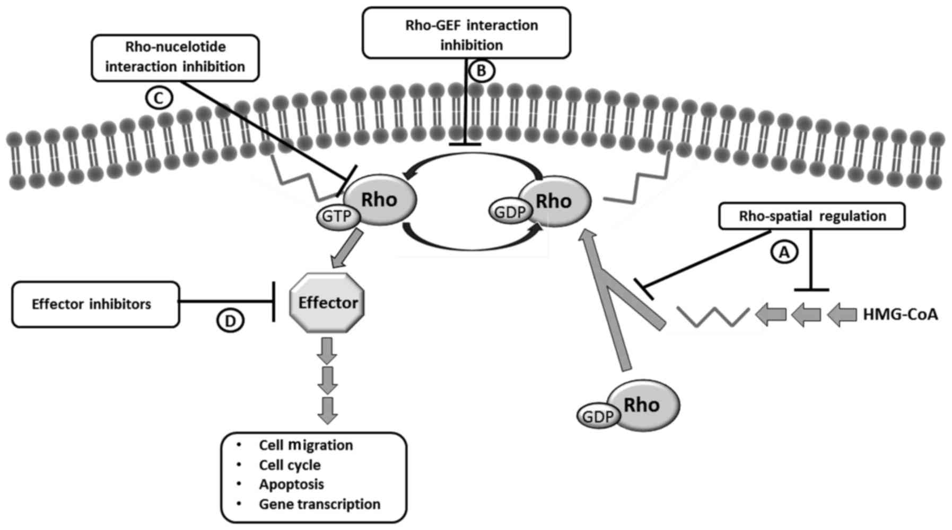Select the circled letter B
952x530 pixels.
click(x=481, y=71)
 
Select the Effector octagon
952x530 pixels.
click(x=328, y=303)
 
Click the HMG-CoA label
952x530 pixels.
click(x=900, y=314)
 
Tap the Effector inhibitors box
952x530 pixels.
click(x=95, y=304)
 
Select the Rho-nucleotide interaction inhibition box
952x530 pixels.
click(x=176, y=57)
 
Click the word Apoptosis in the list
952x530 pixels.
click(x=291, y=484)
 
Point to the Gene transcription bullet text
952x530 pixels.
click(x=319, y=504)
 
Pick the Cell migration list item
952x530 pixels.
click(x=305, y=445)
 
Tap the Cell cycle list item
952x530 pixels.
click(x=290, y=465)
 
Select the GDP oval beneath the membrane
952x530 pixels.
click(x=510, y=212)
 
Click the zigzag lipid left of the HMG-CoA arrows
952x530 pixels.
click(x=713, y=317)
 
